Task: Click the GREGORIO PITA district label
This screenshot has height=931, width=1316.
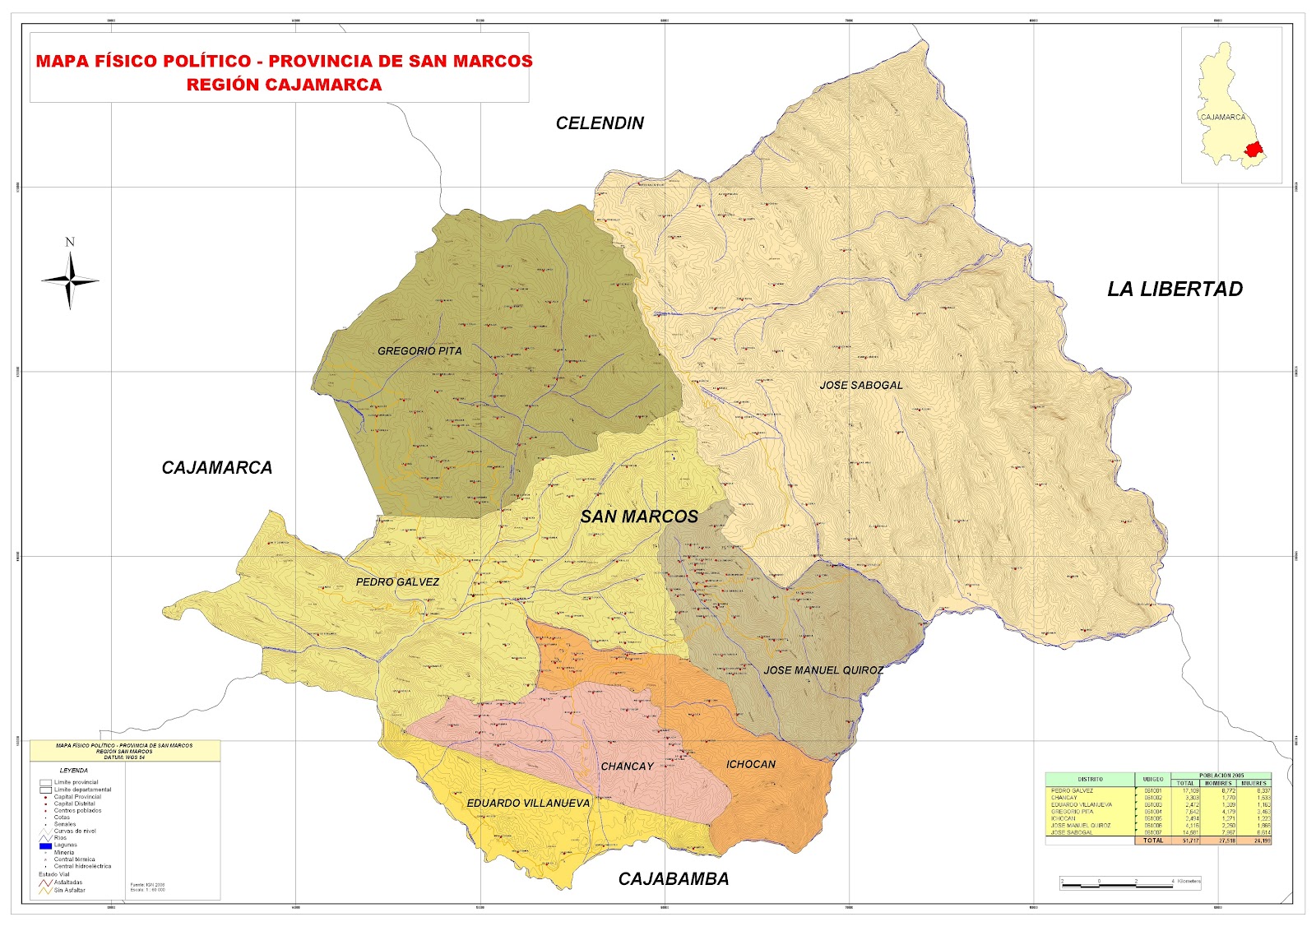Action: (x=419, y=351)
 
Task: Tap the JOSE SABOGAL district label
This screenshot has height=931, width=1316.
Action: (x=860, y=385)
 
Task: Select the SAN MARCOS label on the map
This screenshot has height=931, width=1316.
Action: (x=639, y=516)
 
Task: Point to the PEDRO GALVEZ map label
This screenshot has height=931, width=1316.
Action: (x=397, y=581)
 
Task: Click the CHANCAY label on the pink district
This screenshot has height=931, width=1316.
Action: (x=627, y=767)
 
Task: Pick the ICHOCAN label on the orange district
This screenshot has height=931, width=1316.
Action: (x=750, y=764)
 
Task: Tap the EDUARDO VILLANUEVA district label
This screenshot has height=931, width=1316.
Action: (x=528, y=803)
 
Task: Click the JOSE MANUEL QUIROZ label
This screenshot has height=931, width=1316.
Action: (x=822, y=670)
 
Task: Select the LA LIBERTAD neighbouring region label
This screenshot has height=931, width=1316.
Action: (x=1174, y=289)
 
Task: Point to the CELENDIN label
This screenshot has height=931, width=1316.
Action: (x=600, y=123)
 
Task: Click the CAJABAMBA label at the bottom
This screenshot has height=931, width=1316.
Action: (x=673, y=879)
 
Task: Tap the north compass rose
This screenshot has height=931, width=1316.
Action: (x=71, y=280)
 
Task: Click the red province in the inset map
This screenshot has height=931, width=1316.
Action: (x=1253, y=150)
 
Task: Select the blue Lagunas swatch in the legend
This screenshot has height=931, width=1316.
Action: (x=45, y=845)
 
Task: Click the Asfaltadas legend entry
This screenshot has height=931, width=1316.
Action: (x=67, y=882)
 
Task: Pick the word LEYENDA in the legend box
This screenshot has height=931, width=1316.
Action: (x=73, y=771)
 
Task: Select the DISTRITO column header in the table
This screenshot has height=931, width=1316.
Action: (x=1090, y=779)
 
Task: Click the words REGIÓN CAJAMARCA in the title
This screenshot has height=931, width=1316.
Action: (x=284, y=85)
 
